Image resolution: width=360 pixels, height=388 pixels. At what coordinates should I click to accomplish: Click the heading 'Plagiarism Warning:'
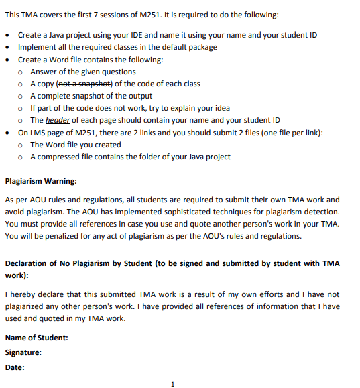[x=40, y=181]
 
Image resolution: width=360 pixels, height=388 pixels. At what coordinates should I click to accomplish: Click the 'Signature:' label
[x=23, y=352]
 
